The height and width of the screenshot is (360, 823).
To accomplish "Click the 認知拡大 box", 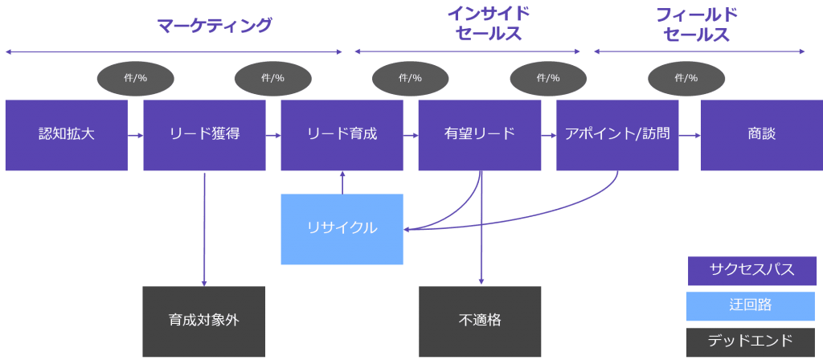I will [x=66, y=135].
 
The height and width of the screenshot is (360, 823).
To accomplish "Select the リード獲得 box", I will [x=204, y=135].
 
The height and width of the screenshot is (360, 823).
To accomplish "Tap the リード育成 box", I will [x=342, y=135].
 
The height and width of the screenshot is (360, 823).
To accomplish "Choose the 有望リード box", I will [x=480, y=135].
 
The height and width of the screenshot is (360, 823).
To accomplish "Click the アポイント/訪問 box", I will [x=617, y=135].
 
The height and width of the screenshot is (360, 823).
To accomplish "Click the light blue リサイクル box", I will [x=342, y=229].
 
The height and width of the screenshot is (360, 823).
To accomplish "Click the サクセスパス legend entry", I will [x=751, y=271].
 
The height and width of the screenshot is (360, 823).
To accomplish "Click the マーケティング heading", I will [x=215, y=26].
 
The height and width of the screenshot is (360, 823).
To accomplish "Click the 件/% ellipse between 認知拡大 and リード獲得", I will [x=135, y=78].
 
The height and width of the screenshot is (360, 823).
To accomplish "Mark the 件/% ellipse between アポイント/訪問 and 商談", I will [x=686, y=78].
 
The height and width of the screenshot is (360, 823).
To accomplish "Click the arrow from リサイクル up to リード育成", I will [x=342, y=182].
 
